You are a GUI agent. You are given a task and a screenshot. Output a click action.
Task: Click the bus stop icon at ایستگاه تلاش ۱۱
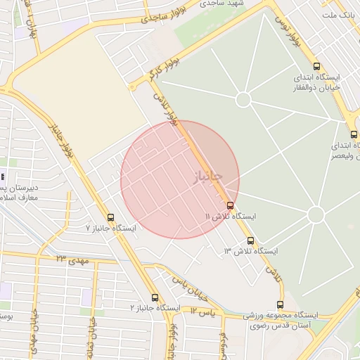(x=230, y=205)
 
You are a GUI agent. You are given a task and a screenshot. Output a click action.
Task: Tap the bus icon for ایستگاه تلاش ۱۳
(x=251, y=241)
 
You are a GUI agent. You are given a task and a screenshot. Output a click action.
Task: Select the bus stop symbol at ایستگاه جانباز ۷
(x=110, y=217)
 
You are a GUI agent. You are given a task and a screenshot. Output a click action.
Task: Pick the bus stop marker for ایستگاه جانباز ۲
(x=155, y=297)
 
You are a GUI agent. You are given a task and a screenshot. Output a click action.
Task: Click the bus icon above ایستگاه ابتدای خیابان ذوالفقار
(x=316, y=65)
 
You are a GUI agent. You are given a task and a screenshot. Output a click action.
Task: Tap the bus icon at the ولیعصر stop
(x=354, y=134)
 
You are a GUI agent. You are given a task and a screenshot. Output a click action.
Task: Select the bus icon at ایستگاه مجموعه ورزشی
(x=281, y=304)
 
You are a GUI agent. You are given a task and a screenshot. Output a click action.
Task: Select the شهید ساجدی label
(x=222, y=4)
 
